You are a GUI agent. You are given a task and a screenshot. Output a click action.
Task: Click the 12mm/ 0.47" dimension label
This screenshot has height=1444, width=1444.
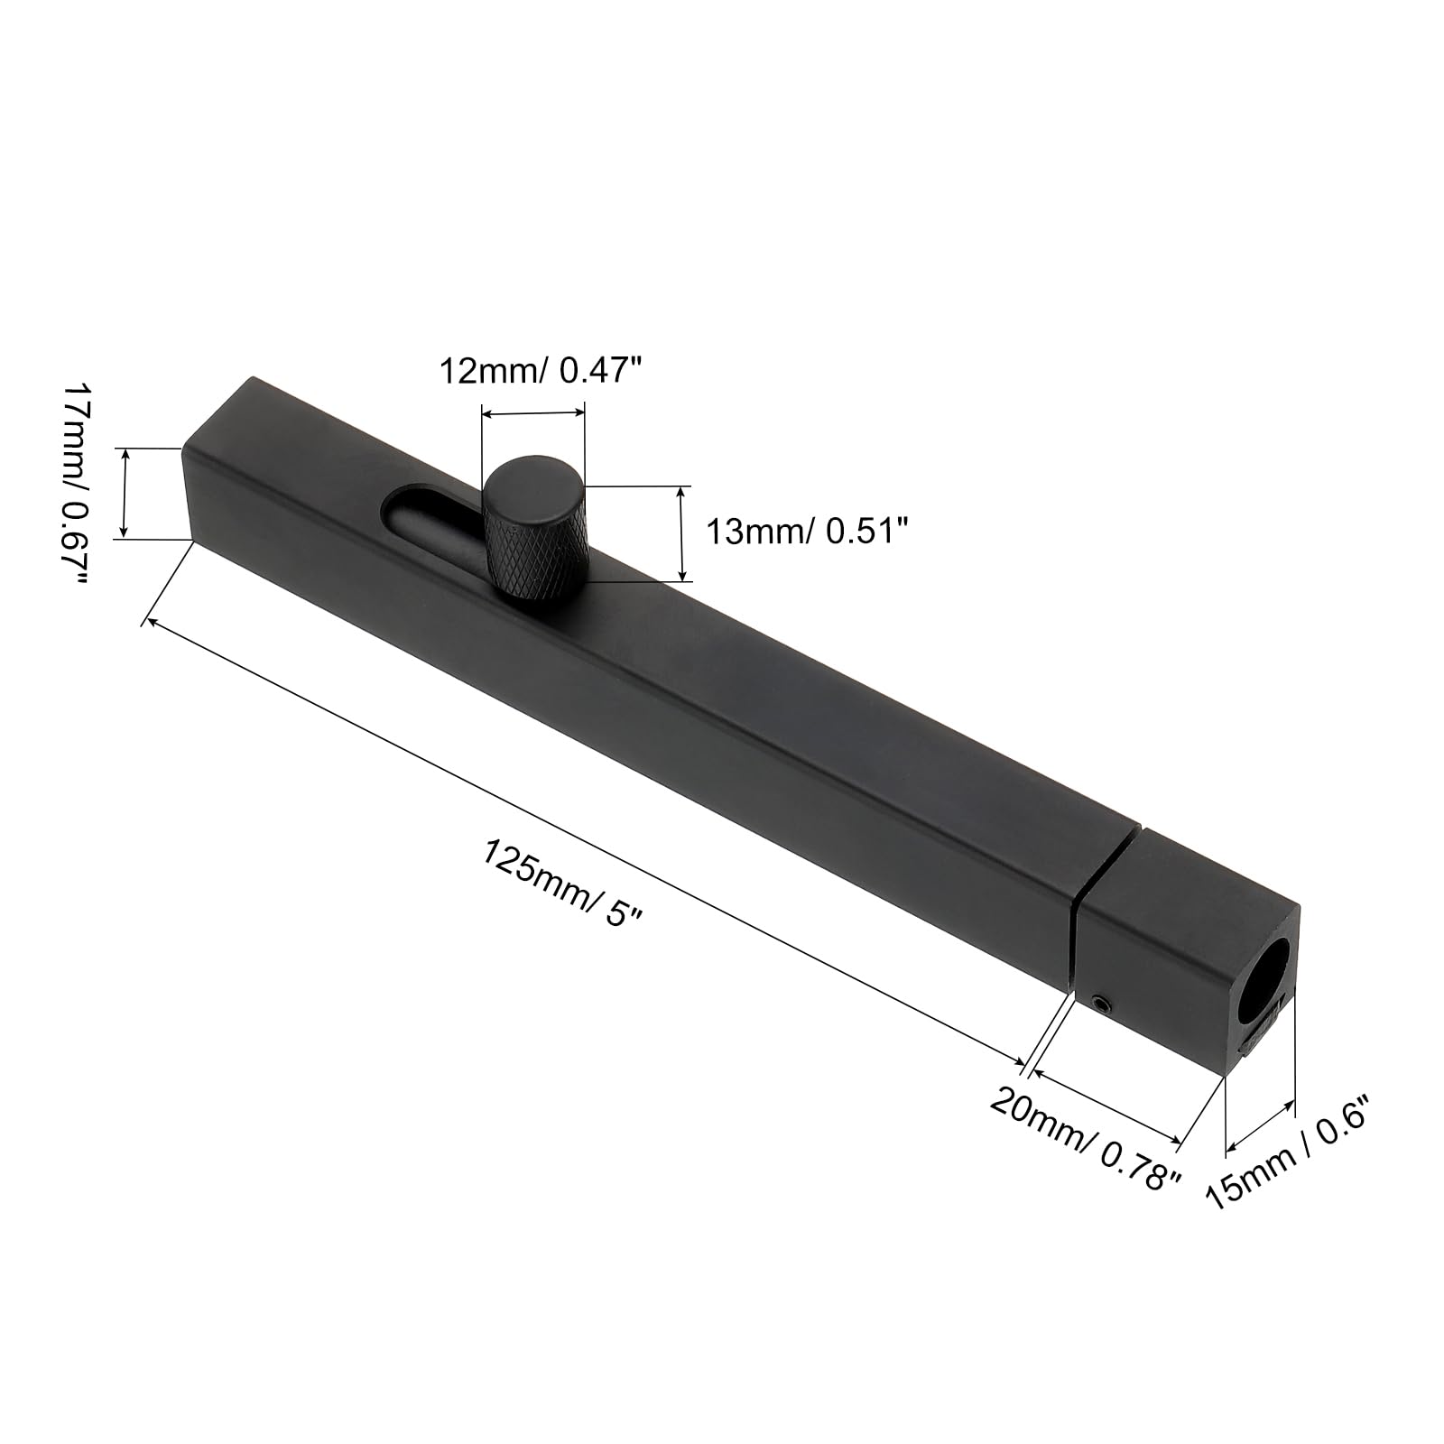click(x=544, y=370)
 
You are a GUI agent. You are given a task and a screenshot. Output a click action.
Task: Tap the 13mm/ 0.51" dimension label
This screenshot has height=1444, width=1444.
click(x=805, y=532)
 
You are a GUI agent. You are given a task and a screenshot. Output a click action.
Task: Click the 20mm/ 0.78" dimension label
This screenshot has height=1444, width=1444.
click(x=1086, y=1139)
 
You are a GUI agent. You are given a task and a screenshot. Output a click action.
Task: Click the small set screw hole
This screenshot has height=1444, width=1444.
click(x=1099, y=1003)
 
